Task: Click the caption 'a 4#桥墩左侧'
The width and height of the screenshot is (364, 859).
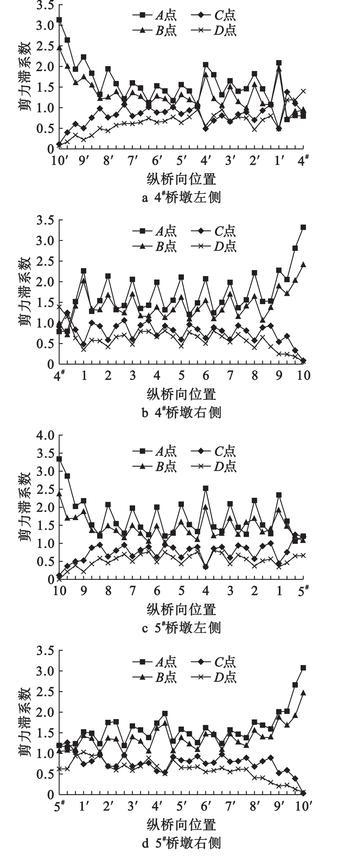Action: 181,197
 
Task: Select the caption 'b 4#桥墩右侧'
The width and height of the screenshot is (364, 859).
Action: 181,412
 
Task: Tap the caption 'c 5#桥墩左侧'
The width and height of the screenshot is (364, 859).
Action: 181,628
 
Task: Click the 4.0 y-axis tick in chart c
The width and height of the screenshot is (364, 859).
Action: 45,435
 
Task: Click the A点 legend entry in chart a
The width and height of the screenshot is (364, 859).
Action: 155,15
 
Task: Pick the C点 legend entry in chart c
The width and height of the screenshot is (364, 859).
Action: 214,451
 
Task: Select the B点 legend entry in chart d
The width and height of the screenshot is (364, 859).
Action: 155,677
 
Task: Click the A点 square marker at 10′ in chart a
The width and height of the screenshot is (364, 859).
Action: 59,20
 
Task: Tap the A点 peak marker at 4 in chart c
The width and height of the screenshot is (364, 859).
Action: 206,488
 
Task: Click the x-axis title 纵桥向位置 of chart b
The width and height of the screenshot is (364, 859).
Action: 181,394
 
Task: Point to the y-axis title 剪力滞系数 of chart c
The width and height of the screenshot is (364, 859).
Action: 25,507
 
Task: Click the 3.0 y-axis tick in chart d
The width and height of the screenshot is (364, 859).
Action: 45,671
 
